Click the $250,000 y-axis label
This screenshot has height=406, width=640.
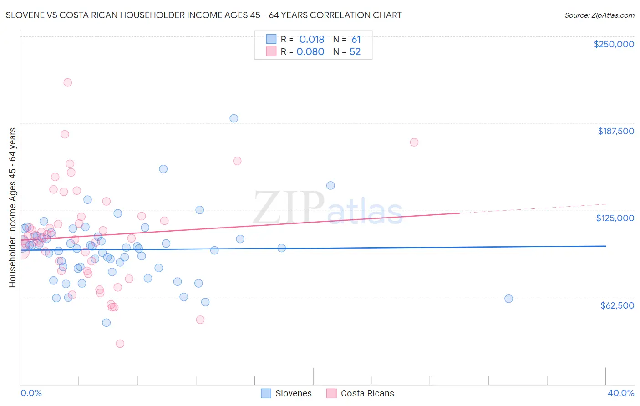point(614,44)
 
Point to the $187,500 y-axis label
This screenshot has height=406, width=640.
point(615,131)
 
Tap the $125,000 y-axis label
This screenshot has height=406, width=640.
point(615,218)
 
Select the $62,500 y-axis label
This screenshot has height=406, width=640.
point(617,305)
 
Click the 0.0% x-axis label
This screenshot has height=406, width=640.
point(31,393)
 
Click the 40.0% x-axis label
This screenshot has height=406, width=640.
point(620,393)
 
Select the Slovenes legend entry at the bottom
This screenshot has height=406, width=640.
point(286,393)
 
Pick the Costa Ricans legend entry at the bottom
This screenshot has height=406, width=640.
point(361,393)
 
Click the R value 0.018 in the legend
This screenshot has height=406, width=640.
point(311,39)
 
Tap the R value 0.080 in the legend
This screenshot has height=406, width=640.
point(310,51)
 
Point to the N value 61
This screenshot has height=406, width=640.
point(356,39)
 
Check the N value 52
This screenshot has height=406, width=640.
point(355,51)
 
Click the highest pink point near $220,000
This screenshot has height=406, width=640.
point(67,82)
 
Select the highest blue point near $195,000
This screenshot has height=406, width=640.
point(234,118)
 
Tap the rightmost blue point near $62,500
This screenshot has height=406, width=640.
point(508,299)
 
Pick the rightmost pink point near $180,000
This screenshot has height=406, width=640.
point(414,142)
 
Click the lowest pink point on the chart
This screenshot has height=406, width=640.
point(120,344)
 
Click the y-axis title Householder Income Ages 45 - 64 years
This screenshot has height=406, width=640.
point(13,208)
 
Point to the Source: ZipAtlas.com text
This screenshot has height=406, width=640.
point(599,15)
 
